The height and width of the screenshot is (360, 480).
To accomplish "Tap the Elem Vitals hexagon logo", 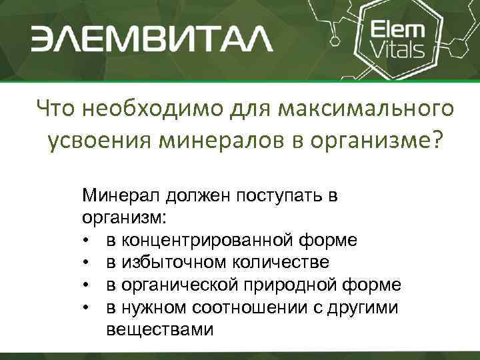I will click(398, 39).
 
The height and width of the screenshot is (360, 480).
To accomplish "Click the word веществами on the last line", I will click(160, 329).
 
